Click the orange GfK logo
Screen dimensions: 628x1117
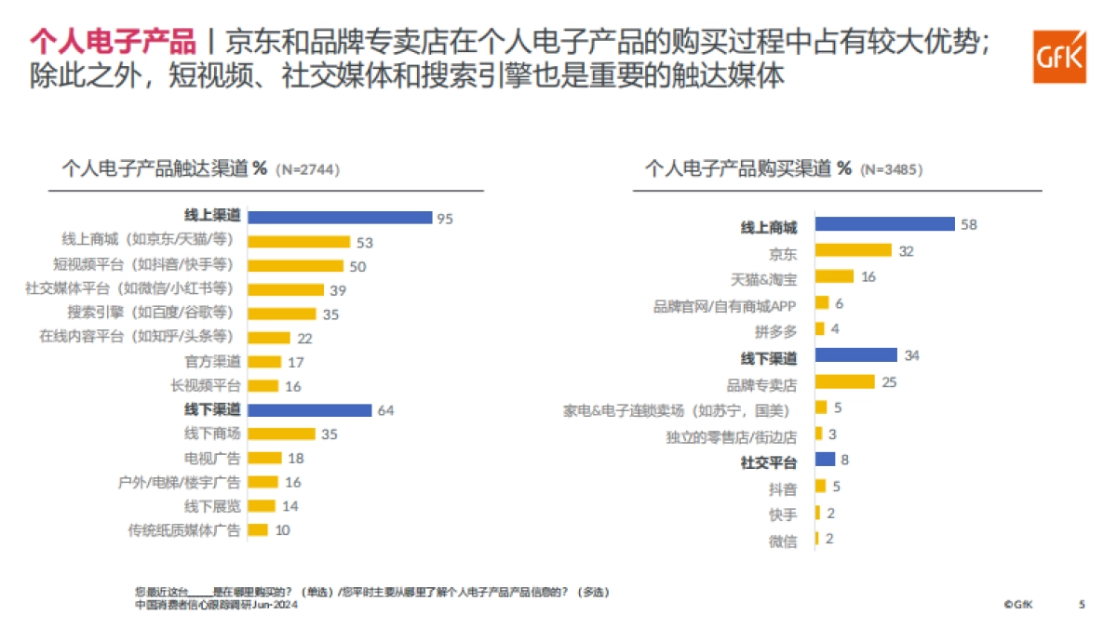click(1058, 56)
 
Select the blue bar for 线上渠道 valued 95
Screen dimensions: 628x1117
click(341, 217)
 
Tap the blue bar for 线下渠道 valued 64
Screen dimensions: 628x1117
click(310, 410)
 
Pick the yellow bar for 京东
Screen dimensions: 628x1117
click(853, 250)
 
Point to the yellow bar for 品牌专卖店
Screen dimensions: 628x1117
click(844, 381)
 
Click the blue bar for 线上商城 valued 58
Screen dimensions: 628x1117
click(884, 224)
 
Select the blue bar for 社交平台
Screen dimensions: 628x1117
click(825, 459)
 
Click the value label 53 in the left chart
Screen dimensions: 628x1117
click(364, 242)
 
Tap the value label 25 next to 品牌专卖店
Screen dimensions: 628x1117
click(889, 381)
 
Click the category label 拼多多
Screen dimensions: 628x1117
click(775, 330)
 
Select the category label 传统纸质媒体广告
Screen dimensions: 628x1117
click(183, 530)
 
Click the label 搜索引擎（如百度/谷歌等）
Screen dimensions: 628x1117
click(150, 314)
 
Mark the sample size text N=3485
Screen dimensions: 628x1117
click(892, 169)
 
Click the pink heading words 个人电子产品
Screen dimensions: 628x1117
click(113, 42)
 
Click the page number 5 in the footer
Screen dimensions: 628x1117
click(1082, 604)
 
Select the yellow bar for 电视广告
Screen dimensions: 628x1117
click(265, 458)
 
